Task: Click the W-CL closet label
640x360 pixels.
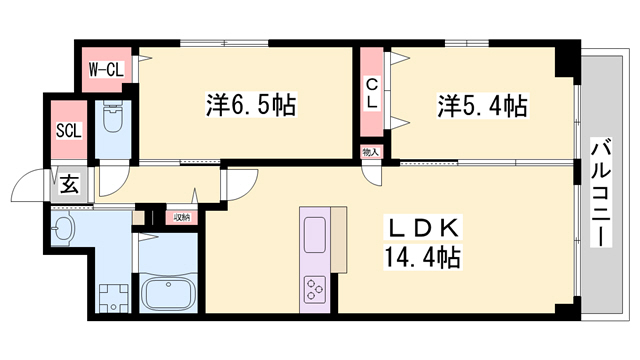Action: (x=106, y=69)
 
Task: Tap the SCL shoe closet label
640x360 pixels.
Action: (x=68, y=130)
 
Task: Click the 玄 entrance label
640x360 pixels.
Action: (x=69, y=183)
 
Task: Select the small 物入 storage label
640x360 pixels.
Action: (x=371, y=151)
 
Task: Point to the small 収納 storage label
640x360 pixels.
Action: (x=181, y=216)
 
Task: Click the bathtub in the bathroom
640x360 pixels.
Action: (x=169, y=295)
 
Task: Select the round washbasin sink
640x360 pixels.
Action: (x=64, y=229)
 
